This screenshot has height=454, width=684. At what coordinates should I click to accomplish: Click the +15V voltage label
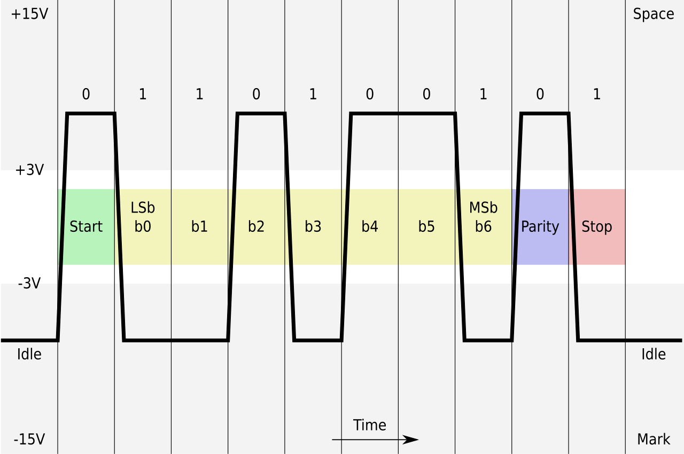click(29, 14)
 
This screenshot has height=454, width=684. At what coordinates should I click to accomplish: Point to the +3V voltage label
click(29, 170)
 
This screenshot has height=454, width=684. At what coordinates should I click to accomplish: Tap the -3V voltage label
click(29, 284)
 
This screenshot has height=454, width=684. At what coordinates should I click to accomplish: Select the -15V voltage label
click(29, 440)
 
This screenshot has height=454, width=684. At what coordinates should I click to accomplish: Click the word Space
click(654, 14)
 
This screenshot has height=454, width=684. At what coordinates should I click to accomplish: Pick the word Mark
click(654, 440)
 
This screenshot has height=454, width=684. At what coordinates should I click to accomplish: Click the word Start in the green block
click(86, 226)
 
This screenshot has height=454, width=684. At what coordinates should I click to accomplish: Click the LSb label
click(143, 208)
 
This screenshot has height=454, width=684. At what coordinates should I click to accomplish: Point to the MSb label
click(484, 208)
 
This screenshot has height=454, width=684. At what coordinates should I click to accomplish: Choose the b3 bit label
click(313, 226)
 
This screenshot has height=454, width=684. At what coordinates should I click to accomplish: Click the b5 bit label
click(426, 226)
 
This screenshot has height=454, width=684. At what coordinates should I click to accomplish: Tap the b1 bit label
click(199, 226)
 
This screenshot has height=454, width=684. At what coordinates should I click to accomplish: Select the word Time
click(369, 425)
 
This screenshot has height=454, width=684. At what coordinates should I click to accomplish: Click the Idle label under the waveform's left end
click(29, 354)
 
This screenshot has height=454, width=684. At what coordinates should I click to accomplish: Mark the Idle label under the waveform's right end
click(654, 354)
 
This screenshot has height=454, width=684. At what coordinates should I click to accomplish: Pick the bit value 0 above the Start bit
click(86, 94)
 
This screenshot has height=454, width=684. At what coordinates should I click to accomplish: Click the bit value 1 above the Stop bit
click(597, 94)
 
